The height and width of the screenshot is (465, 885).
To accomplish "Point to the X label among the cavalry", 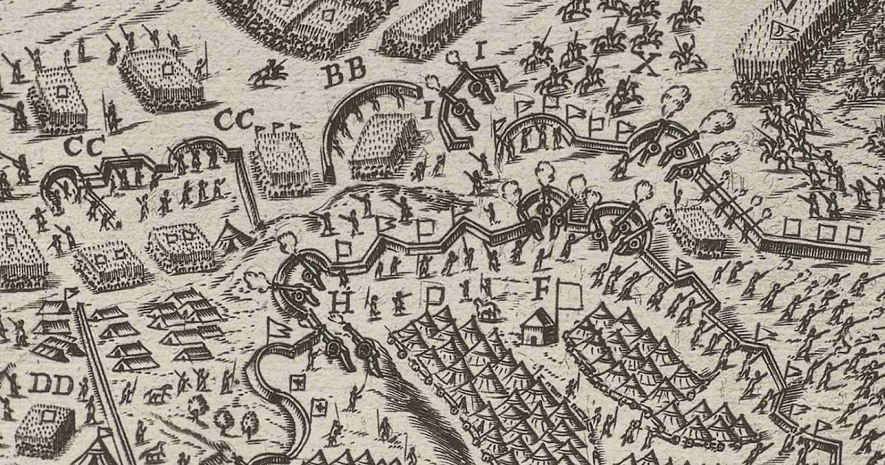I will (x=648, y=66).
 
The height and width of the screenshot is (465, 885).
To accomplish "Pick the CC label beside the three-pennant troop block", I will (x=235, y=118).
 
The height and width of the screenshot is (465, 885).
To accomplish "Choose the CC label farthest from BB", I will (x=83, y=146).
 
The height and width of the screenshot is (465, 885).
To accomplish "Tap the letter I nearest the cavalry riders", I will (x=481, y=50).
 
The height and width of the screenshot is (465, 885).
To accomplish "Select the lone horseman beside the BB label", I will (x=269, y=72).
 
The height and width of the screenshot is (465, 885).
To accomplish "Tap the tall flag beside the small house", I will (x=567, y=298).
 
